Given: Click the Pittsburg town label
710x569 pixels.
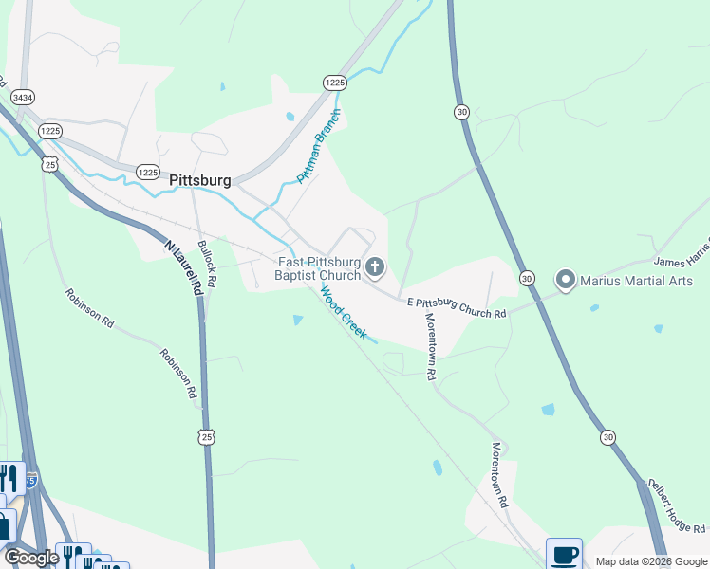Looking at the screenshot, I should coord(199,179).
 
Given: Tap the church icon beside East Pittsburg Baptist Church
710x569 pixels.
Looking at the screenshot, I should coord(375,267).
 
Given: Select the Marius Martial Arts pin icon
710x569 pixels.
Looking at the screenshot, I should coord(567,280).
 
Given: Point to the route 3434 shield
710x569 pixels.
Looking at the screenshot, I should coord(22,97).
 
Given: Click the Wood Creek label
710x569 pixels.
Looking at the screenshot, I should coord(344,312).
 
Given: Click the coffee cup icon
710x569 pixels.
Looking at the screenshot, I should coord(564,554).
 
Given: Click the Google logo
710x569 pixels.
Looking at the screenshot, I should coord(30,557).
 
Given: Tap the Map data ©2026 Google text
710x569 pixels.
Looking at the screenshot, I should coord(650,561).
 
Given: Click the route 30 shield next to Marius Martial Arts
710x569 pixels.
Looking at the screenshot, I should coord(527,278).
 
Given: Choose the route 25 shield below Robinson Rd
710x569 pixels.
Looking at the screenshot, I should coord(207,436).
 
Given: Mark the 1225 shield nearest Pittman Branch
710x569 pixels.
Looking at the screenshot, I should coord(333,83).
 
